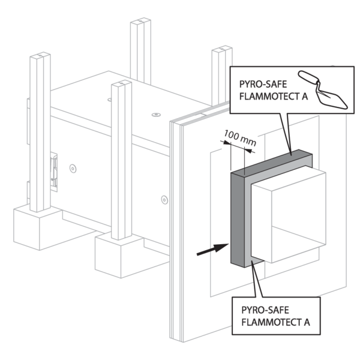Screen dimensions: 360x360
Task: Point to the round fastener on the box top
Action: [157, 113]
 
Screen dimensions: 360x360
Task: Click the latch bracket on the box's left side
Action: [55, 170]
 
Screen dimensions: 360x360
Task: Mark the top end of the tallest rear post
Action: [142, 25]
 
